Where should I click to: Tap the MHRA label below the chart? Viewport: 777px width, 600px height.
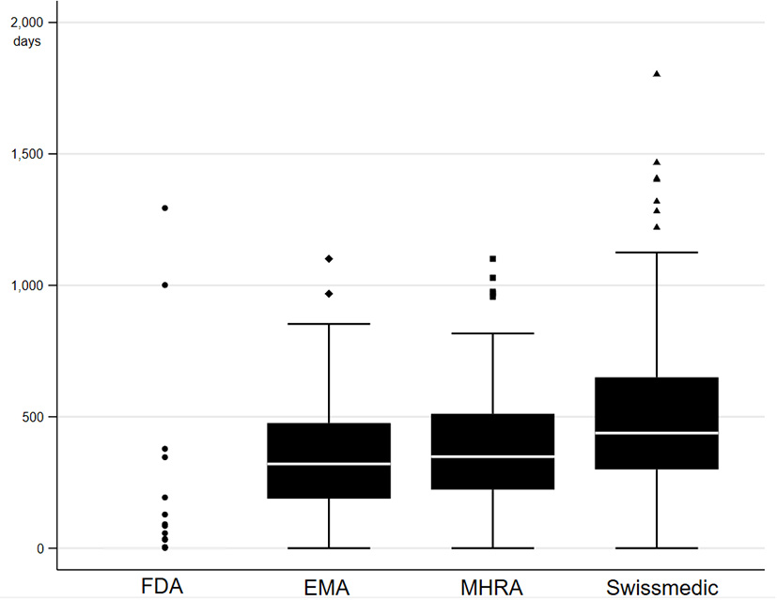pyautogui.click(x=492, y=588)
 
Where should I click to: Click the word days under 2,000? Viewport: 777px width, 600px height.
pyautogui.click(x=27, y=41)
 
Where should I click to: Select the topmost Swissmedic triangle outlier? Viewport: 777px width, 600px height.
pyautogui.click(x=657, y=73)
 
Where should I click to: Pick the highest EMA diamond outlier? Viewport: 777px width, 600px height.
pyautogui.click(x=329, y=258)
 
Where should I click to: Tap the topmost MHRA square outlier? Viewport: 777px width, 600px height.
pyautogui.click(x=492, y=258)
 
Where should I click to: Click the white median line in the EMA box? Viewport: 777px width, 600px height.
pyautogui.click(x=329, y=464)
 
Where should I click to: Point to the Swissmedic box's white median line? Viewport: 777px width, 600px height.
pyautogui.click(x=657, y=433)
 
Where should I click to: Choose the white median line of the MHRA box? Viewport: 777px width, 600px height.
pyautogui.click(x=492, y=456)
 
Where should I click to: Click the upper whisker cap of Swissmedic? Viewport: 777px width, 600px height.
pyautogui.click(x=657, y=253)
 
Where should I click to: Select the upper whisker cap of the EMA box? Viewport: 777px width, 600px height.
pyautogui.click(x=329, y=323)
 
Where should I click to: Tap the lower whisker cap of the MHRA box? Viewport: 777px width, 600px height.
pyautogui.click(x=492, y=547)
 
